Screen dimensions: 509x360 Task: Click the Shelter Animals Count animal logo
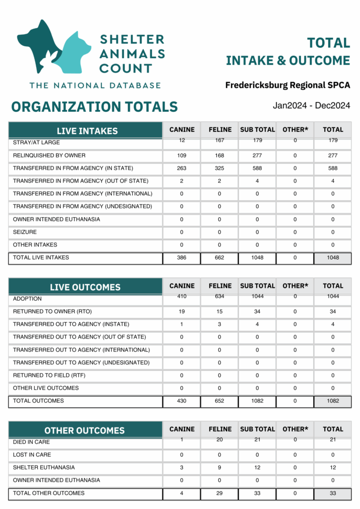55,47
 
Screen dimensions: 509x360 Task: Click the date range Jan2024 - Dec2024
311,105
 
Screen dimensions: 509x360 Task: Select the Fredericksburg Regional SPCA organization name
287,85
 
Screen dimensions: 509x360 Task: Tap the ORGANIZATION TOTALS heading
94,106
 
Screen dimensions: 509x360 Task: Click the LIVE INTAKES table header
87,131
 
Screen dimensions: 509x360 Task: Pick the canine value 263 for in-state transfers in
181,168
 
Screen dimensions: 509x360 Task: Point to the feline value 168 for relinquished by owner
220,156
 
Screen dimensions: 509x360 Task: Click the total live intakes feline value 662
220,257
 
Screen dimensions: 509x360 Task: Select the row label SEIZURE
25,232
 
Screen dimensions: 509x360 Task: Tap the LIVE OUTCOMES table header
85,287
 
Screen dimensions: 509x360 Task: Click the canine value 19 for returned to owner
181,312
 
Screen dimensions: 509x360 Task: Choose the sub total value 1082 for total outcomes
257,401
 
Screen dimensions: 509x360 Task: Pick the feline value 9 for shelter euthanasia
220,468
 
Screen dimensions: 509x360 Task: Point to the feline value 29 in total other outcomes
220,493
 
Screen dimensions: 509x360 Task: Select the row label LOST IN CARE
32,455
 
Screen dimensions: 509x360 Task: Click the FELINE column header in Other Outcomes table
220,429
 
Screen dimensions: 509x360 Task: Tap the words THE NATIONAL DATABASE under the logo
95,85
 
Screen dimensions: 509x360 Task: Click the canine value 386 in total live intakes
181,257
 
